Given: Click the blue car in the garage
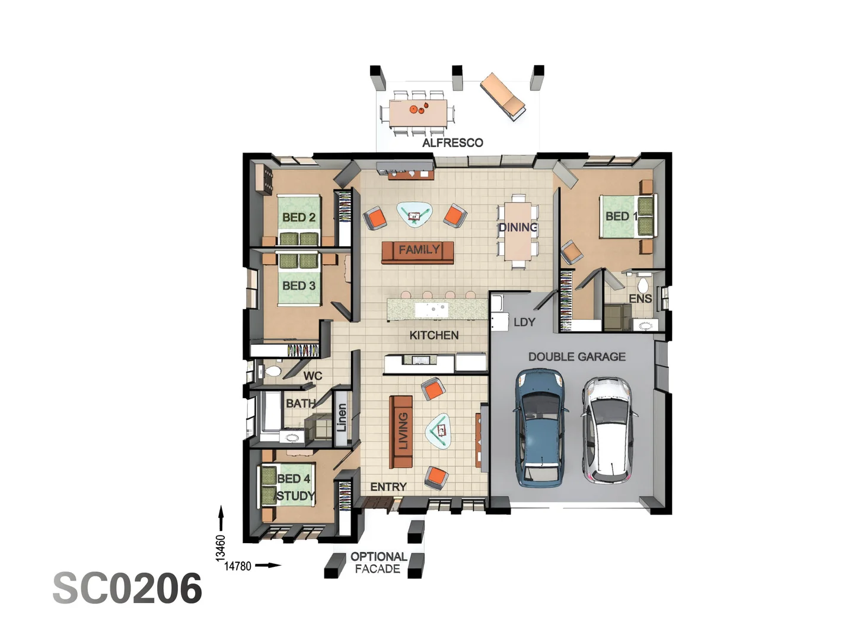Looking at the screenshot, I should pyautogui.click(x=540, y=427).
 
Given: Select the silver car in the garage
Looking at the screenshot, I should pyautogui.click(x=607, y=430).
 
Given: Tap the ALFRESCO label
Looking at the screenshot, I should pyautogui.click(x=453, y=142).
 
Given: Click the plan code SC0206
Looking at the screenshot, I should pyautogui.click(x=128, y=589).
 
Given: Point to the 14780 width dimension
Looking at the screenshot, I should pyautogui.click(x=238, y=566).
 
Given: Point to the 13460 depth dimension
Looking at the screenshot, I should pyautogui.click(x=221, y=548).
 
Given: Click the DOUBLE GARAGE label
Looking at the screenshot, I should pyautogui.click(x=576, y=357).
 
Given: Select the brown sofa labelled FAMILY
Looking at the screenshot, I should pyautogui.click(x=418, y=252).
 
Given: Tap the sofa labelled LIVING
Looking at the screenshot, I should pyautogui.click(x=401, y=431).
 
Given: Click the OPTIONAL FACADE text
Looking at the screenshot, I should pyautogui.click(x=378, y=563).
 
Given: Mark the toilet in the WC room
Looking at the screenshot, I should pyautogui.click(x=272, y=372).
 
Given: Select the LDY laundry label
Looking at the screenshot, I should pyautogui.click(x=524, y=322).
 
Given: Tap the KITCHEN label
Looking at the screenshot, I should pyautogui.click(x=434, y=335).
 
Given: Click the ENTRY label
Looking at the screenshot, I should pyautogui.click(x=388, y=487).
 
